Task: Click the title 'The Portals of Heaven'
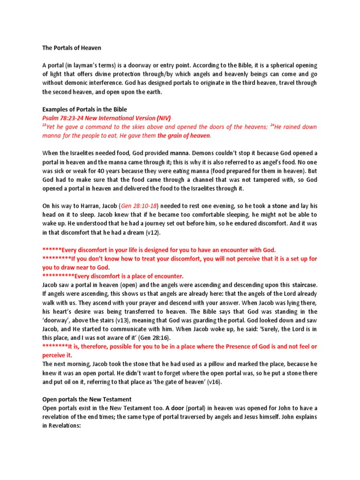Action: [72, 48]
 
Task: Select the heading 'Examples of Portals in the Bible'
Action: [84, 109]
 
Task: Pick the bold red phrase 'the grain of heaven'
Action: [184, 136]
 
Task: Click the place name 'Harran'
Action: [82, 205]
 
